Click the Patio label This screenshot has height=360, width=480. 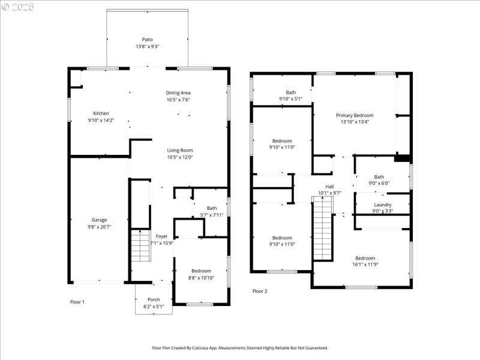(147, 40)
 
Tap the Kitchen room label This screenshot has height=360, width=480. (101, 113)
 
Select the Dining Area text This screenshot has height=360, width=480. (178, 93)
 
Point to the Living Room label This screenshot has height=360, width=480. (179, 151)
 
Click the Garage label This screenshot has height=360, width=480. (99, 220)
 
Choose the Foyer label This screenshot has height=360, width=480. (161, 236)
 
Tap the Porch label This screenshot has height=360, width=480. (154, 299)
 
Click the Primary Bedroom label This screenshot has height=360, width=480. (355, 115)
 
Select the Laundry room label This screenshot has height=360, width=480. (382, 205)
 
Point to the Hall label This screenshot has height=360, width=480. (329, 187)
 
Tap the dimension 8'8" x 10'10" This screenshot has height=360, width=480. (201, 277)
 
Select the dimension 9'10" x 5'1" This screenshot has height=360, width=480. (290, 99)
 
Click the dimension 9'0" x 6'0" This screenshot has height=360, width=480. (379, 184)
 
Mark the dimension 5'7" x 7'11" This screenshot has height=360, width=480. (212, 215)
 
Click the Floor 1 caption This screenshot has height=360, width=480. (77, 302)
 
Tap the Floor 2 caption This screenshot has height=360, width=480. (260, 291)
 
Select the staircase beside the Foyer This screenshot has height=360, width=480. (140, 246)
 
